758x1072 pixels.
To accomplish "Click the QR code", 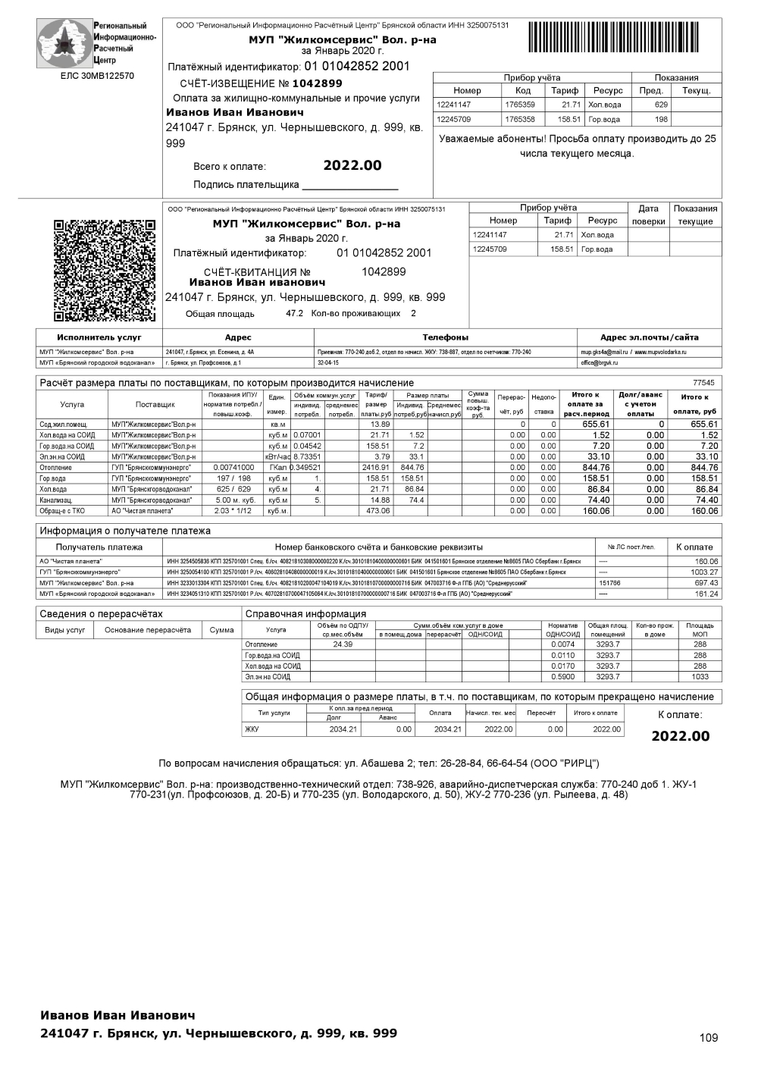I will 105,270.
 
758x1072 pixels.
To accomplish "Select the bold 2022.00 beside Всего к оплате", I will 352,166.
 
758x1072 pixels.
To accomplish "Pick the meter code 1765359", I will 520,105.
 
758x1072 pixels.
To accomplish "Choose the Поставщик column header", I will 155,404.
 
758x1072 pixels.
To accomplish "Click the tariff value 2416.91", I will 376,468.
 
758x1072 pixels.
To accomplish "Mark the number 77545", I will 703,383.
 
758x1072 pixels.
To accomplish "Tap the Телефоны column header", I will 445,337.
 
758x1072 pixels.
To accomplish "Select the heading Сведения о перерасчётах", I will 101,613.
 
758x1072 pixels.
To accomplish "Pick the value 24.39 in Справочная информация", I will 343,644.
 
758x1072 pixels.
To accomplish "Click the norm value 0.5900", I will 563,677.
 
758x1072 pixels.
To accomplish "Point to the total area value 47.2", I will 294,313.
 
